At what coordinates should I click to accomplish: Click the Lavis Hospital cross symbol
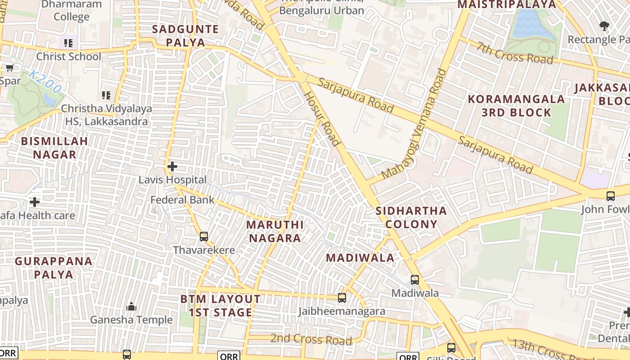(172, 166)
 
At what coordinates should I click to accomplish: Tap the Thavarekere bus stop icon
(204, 236)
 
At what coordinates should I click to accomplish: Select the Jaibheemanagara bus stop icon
(342, 297)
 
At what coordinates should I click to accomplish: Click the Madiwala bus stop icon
(415, 279)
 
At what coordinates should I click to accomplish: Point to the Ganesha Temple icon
(131, 306)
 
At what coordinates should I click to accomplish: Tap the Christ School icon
(68, 43)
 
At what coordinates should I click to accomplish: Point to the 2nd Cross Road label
(310, 339)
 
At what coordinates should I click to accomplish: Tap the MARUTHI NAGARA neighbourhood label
(274, 231)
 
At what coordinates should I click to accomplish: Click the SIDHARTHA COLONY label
(411, 217)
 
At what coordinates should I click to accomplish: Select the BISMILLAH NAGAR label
(54, 148)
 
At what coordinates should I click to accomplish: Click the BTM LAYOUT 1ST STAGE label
(220, 306)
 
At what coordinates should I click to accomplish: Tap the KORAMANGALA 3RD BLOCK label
(516, 106)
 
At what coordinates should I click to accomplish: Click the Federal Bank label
(182, 199)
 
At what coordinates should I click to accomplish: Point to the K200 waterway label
(44, 81)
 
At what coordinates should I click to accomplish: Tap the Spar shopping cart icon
(9, 68)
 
